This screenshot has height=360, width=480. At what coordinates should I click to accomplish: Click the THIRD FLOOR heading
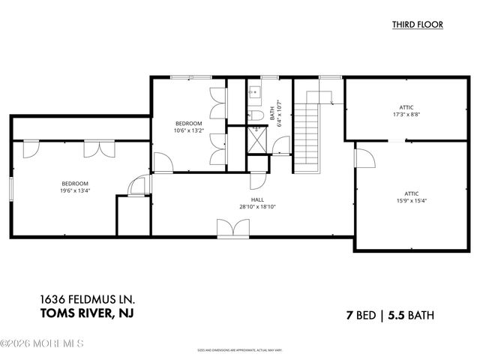[x=417, y=25]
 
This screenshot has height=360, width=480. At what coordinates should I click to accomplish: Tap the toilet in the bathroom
[x=255, y=115]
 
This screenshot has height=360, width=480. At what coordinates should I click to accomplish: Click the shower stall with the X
[x=257, y=139]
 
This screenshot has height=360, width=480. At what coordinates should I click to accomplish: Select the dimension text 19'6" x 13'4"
[x=75, y=190]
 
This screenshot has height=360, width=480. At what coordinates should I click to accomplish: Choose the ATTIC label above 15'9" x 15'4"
[x=406, y=193]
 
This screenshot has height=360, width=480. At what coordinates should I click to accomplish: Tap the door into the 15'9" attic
[x=362, y=159]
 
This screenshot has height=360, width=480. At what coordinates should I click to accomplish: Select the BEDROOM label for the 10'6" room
[x=189, y=123]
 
